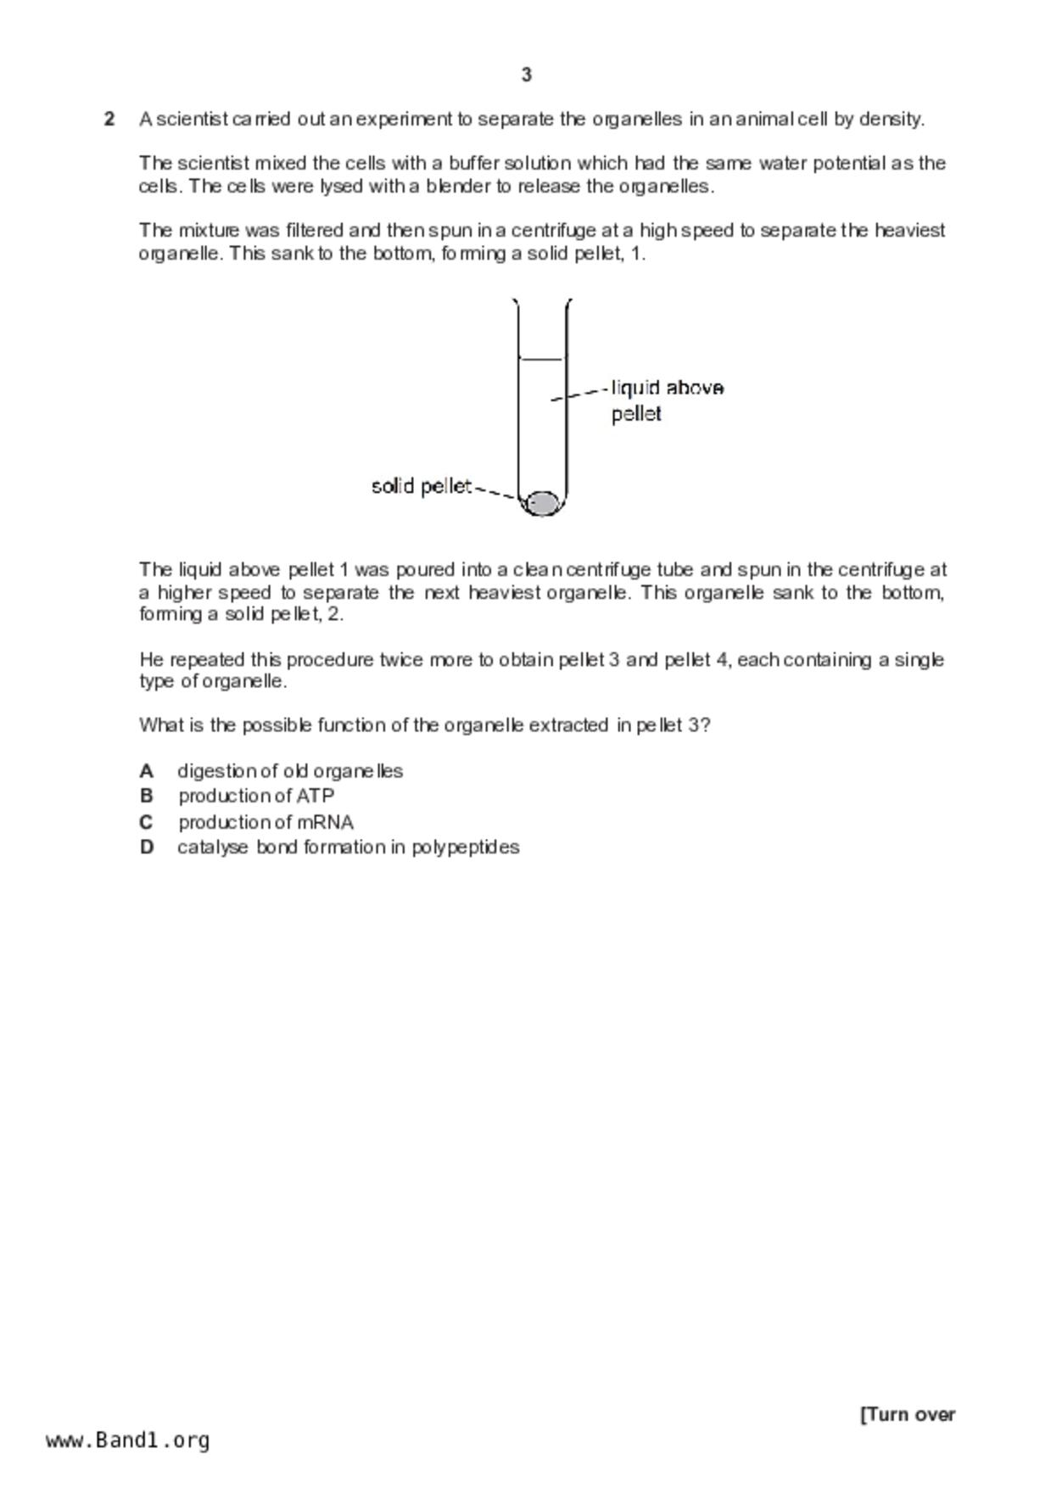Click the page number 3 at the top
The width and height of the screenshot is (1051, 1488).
526,76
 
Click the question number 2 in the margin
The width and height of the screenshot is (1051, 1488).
109,119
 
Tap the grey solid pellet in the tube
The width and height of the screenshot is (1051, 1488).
542,503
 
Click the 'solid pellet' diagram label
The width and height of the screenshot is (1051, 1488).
422,486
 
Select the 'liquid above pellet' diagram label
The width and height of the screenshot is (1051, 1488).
667,400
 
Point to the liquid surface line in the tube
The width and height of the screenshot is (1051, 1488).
541,360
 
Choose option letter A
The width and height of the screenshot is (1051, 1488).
147,771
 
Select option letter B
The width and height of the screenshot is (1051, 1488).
147,796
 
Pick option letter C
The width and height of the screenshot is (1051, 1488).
147,822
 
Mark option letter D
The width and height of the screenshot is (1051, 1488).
147,847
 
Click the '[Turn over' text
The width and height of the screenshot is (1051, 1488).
908,1414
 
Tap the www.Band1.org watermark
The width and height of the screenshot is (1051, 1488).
128,1440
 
